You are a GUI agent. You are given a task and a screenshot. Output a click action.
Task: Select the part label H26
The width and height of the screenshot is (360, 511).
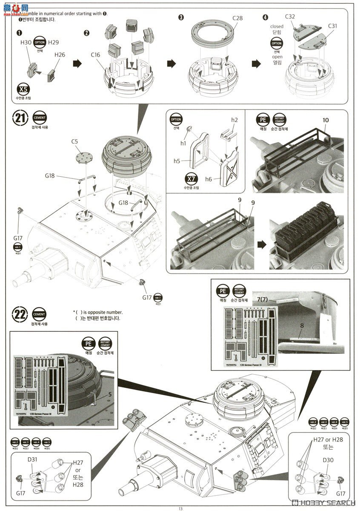tap(60, 55)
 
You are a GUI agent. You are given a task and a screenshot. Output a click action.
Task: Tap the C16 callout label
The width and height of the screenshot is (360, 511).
tap(95, 55)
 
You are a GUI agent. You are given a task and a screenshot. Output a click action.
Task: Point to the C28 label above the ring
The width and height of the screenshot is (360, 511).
tap(237, 18)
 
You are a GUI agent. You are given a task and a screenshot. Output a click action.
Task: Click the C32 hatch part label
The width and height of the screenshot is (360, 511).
tap(290, 17)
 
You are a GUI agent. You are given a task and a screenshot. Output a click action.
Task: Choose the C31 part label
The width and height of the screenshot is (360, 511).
tap(333, 26)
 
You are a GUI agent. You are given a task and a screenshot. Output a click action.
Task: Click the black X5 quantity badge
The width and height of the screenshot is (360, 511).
tap(23, 89)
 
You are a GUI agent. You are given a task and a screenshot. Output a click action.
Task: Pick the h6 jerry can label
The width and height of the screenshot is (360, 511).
tap(208, 179)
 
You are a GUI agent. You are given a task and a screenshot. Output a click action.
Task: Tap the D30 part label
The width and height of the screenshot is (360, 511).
tap(328, 460)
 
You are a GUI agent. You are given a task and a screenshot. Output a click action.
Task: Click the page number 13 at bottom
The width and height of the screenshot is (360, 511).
tap(180, 508)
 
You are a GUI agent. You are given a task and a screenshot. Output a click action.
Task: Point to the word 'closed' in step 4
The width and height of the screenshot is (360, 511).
tap(277, 26)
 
